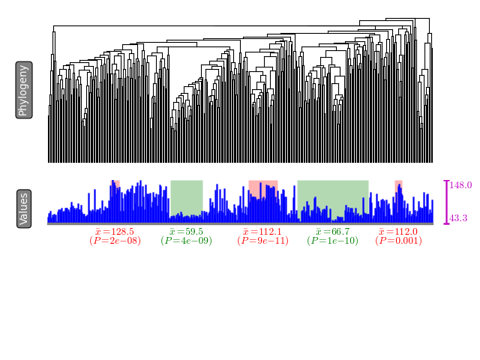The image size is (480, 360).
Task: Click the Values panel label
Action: pos(23,209)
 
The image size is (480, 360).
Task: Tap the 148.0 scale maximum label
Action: pos(460,185)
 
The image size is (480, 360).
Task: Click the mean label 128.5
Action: pos(115,232)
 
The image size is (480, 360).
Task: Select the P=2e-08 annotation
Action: pos(115,241)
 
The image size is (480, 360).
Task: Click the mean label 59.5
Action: pos(186,232)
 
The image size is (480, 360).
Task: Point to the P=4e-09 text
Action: pos(186,241)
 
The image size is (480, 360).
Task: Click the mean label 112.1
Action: pos(262,232)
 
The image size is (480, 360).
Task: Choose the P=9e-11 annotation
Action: pos(262,241)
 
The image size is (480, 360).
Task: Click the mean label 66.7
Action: pos(332,232)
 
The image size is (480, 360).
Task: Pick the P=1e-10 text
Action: pos(332,241)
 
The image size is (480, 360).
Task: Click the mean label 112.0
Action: pos(398,232)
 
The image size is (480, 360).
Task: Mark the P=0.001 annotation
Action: pos(398,241)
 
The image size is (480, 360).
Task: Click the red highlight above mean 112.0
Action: pos(399,183)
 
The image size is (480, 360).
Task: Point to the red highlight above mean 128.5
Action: pos(116,183)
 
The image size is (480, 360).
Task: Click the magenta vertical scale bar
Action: pos(447,201)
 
